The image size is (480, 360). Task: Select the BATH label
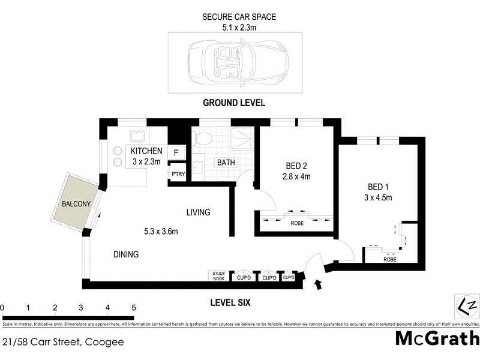[x=226, y=163]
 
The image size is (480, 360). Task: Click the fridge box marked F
[x=176, y=153]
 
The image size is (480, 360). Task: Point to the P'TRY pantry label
[x=178, y=174]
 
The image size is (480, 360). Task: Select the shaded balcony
[x=76, y=204]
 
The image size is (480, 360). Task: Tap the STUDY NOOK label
[x=217, y=276]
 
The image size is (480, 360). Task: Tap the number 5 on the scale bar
[x=134, y=308]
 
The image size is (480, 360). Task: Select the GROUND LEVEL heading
[x=234, y=103]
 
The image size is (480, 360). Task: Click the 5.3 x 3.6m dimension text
[x=160, y=231]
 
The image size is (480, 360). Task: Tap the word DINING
[x=126, y=254]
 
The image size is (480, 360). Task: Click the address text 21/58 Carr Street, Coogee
[x=62, y=343]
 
